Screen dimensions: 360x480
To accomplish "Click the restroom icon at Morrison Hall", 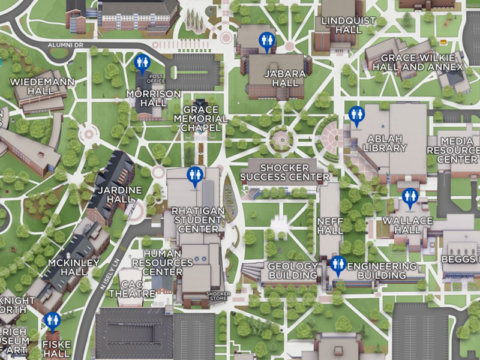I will [142, 62].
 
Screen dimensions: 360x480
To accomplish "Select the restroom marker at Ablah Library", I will [356, 115].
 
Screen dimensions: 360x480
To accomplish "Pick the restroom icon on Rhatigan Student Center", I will [195, 175].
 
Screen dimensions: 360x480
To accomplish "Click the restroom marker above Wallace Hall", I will [410, 196].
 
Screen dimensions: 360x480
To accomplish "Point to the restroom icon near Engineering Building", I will [338, 264].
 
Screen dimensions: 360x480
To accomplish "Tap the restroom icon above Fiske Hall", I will [52, 320].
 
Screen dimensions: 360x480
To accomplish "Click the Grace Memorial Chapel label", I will [205, 119].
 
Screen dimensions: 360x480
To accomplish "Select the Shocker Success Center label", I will [284, 172].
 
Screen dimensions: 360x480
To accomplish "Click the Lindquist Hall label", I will [349, 26].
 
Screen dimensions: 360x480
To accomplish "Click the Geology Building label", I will [292, 271].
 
